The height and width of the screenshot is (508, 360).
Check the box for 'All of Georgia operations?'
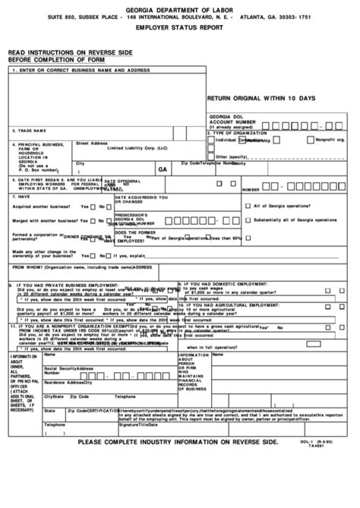248,205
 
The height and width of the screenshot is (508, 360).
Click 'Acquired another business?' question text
42,206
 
